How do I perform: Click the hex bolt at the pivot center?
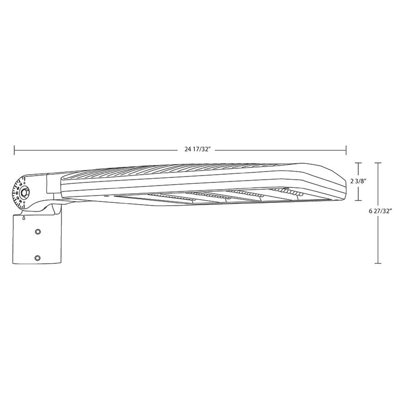click(x=24, y=193)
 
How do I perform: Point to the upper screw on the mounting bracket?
click(x=38, y=231)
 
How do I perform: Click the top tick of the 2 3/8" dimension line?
click(x=359, y=163)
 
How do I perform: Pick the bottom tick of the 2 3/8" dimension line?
click(x=359, y=200)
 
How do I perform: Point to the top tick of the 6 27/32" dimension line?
click(x=378, y=163)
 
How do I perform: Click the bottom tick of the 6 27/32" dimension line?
click(x=378, y=263)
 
